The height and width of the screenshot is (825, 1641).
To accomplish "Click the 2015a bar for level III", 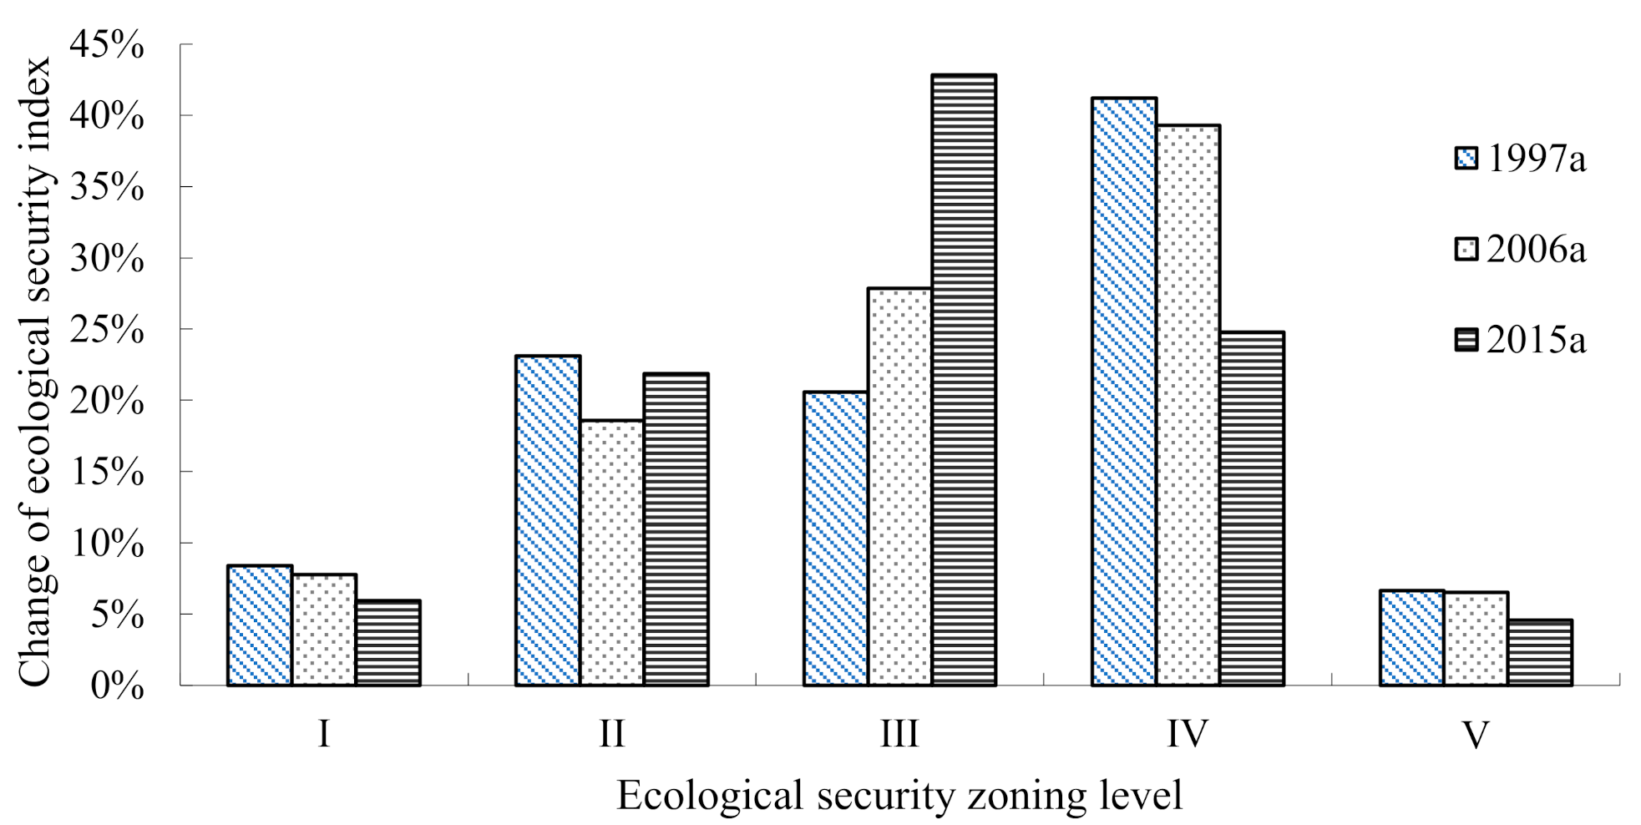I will click(x=964, y=380).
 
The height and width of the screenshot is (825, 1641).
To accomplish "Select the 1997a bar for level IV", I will click(x=1123, y=392).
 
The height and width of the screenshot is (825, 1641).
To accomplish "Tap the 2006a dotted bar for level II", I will click(x=612, y=553).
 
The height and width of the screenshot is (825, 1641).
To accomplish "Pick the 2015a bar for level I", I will click(x=387, y=643).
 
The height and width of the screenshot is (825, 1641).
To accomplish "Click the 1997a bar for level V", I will click(x=1412, y=638).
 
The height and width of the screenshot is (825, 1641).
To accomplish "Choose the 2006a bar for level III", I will click(x=899, y=487).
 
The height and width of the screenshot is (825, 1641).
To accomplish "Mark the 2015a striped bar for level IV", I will click(x=1252, y=509).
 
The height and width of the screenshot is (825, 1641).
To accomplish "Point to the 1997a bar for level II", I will click(x=548, y=520).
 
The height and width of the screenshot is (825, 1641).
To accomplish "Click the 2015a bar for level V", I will click(x=1540, y=652).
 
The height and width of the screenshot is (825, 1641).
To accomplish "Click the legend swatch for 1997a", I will click(x=1466, y=159).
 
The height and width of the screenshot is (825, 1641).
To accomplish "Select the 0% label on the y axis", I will click(x=117, y=686).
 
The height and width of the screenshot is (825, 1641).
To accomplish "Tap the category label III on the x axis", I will click(x=899, y=735).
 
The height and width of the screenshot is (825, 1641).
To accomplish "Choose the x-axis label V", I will click(x=1476, y=735).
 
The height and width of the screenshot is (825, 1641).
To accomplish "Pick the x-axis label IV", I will click(x=1188, y=735).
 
